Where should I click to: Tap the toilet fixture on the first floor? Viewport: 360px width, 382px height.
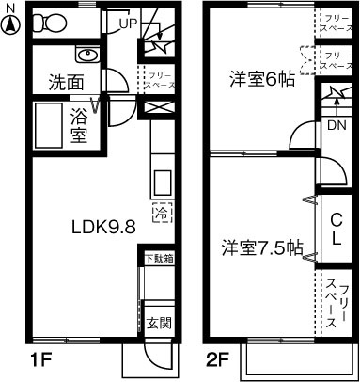pyautogui.click(x=46, y=23)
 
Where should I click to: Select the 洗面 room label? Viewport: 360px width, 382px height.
pyautogui.click(x=67, y=82)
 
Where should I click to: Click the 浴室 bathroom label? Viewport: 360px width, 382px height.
pyautogui.click(x=80, y=126)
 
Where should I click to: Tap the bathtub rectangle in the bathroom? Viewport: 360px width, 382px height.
pyautogui.click(x=49, y=126)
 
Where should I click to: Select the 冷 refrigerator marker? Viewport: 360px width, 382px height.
pyautogui.click(x=161, y=211)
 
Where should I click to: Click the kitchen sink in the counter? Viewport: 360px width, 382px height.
pyautogui.click(x=161, y=181)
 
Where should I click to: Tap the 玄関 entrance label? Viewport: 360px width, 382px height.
pyautogui.click(x=158, y=324)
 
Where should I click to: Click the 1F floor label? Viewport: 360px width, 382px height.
pyautogui.click(x=37, y=358)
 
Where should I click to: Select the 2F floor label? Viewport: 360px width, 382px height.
pyautogui.click(x=218, y=358)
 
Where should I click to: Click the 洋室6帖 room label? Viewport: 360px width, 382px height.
pyautogui.click(x=262, y=80)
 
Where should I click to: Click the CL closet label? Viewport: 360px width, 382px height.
pyautogui.click(x=334, y=229)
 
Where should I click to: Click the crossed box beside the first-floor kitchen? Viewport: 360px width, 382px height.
pyautogui.click(x=154, y=108)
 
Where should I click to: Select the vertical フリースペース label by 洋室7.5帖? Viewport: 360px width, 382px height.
pyautogui.click(x=334, y=303)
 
